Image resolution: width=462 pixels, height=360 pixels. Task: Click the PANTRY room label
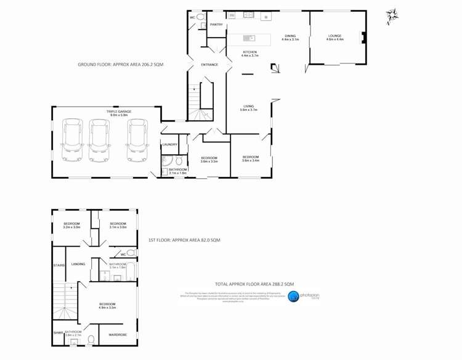[x=216, y=24]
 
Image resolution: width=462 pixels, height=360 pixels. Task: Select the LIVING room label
[x=248, y=108]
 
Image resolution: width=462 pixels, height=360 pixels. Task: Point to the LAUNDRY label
[x=169, y=144]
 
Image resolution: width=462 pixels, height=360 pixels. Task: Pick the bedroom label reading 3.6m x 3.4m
[x=250, y=158]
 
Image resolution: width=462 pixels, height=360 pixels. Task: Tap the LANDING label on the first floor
[x=78, y=264]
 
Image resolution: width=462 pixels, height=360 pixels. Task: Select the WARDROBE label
[x=117, y=335]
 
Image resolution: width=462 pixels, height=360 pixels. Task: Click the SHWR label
[x=58, y=333]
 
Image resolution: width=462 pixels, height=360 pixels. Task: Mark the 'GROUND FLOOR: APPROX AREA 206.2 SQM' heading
[x=120, y=64]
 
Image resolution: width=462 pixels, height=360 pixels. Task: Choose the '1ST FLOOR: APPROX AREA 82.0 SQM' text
[x=184, y=239]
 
